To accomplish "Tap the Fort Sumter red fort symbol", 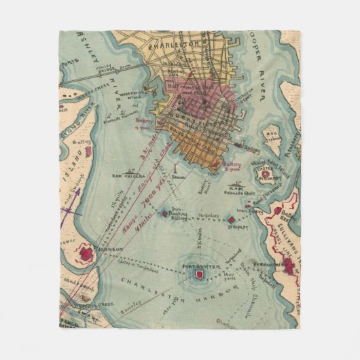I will [x=200, y=274].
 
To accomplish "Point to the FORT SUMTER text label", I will [x=200, y=266].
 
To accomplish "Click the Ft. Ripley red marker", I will [x=232, y=221].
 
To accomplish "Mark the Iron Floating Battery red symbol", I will [x=164, y=213].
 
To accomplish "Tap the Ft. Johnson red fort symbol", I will [x=87, y=254].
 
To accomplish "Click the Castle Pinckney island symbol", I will [x=263, y=176].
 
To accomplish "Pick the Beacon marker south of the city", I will [x=175, y=166].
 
